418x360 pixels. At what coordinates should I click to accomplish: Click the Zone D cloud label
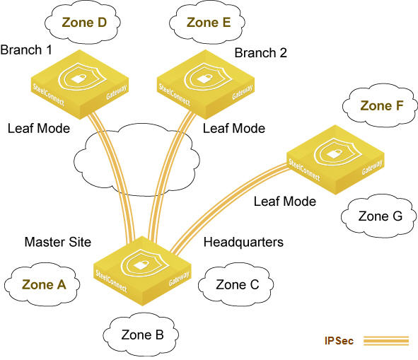click(x=84, y=23)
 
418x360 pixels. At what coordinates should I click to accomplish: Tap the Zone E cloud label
click(x=209, y=23)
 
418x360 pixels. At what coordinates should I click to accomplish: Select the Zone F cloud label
click(x=381, y=106)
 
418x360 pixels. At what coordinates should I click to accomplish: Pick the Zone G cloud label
click(x=380, y=216)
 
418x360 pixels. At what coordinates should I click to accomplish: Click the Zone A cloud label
click(x=44, y=284)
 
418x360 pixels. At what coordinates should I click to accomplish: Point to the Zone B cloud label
click(x=142, y=335)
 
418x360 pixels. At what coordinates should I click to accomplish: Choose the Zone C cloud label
click(x=237, y=284)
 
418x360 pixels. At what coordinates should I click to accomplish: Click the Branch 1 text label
click(x=26, y=50)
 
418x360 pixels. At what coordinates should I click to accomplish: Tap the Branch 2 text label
click(x=260, y=52)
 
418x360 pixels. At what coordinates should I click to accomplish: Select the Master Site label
click(x=58, y=242)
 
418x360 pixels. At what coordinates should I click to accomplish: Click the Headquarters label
click(x=243, y=242)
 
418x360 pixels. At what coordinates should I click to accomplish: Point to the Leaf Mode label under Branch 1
click(x=39, y=128)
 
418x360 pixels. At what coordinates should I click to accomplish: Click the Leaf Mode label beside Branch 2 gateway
click(x=234, y=128)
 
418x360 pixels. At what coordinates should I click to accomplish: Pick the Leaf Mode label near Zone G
click(x=285, y=202)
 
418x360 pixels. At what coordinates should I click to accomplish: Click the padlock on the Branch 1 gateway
click(x=79, y=79)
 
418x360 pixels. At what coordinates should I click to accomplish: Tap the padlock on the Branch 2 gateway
click(x=204, y=79)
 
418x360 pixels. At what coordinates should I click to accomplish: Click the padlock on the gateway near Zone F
click(x=334, y=153)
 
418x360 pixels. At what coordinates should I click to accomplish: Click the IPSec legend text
click(x=339, y=341)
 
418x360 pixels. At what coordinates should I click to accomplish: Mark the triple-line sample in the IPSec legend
click(x=386, y=341)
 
